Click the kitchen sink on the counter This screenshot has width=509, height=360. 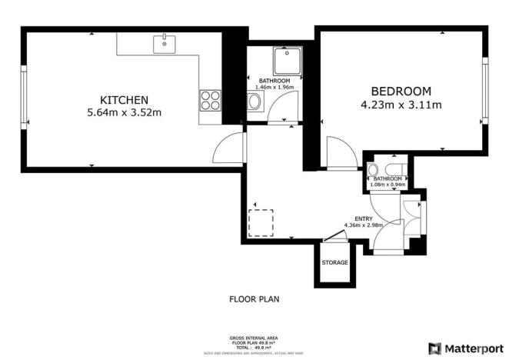[x=164, y=43]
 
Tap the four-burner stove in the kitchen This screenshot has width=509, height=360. [x=211, y=101]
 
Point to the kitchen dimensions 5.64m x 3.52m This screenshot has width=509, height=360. [x=124, y=113]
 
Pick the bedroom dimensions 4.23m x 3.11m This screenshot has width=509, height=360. [x=400, y=105]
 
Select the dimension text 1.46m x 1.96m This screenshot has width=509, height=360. [x=274, y=88]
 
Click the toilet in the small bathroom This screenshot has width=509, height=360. [x=374, y=170]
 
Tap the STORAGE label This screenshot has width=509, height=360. [x=334, y=262]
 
